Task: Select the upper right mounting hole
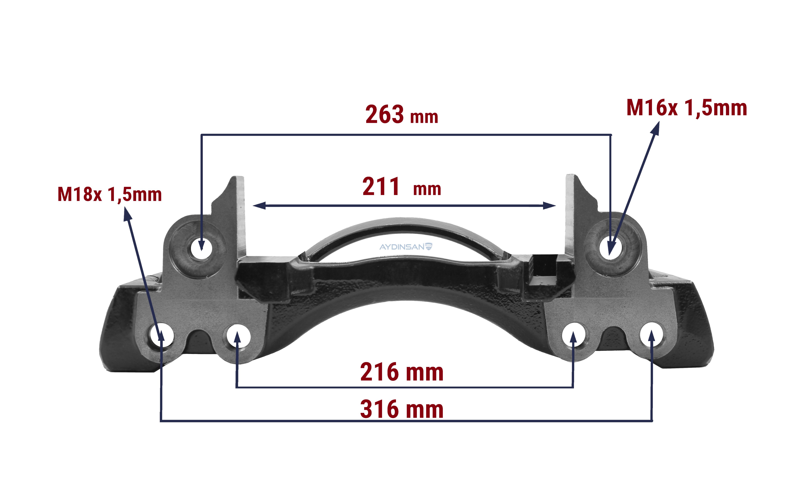click(x=610, y=248)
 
